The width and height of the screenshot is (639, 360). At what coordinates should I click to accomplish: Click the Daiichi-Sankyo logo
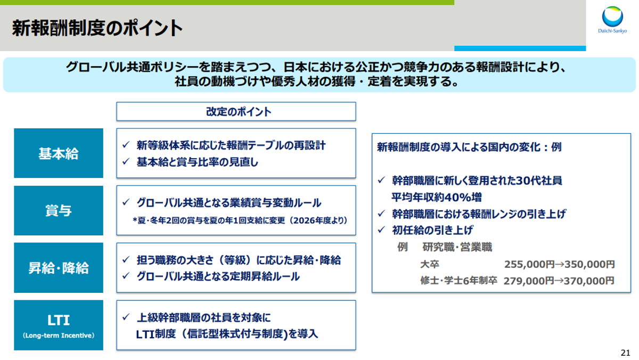pos(612,19)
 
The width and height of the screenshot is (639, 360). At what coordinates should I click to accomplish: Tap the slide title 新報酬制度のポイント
pos(97,28)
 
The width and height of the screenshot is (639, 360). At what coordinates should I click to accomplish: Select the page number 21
pos(625,353)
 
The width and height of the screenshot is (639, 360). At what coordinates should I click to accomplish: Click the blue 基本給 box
pos(59,153)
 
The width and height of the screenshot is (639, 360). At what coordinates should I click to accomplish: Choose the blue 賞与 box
pos(59,210)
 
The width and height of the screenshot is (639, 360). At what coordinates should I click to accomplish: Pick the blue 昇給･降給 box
pos(59,267)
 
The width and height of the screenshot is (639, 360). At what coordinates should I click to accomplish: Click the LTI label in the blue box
pos(59,320)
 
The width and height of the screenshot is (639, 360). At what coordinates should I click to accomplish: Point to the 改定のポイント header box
pos(236,111)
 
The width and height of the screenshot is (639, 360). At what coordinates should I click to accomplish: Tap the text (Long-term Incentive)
pos(59,336)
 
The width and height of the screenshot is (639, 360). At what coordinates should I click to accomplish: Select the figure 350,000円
pos(589,265)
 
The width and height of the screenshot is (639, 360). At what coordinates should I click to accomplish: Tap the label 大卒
pos(430,265)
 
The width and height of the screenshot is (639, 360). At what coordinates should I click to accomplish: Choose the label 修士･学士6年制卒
pos(458,281)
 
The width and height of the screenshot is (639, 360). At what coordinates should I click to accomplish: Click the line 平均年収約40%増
pos(437,197)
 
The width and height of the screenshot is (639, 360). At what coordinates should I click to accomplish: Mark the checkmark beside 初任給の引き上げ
pos(381,230)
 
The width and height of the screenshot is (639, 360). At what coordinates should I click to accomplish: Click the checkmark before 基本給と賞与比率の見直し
pos(126,161)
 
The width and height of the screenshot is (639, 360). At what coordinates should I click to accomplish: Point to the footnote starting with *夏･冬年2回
pos(240,220)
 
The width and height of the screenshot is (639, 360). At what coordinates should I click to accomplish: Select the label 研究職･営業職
pos(457,247)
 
